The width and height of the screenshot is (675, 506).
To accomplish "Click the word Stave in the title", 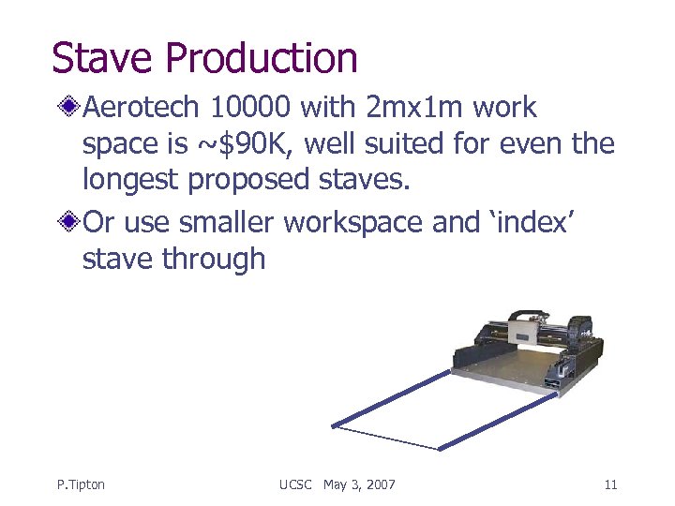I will (102, 57).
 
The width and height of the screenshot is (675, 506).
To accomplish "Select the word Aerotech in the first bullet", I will (142, 108).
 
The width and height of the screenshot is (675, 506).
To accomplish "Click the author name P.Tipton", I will (81, 484).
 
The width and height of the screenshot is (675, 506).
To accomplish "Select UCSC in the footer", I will (297, 484).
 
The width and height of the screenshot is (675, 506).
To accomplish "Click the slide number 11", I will (610, 484).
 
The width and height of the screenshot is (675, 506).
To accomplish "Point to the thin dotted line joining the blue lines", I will (386, 438).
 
